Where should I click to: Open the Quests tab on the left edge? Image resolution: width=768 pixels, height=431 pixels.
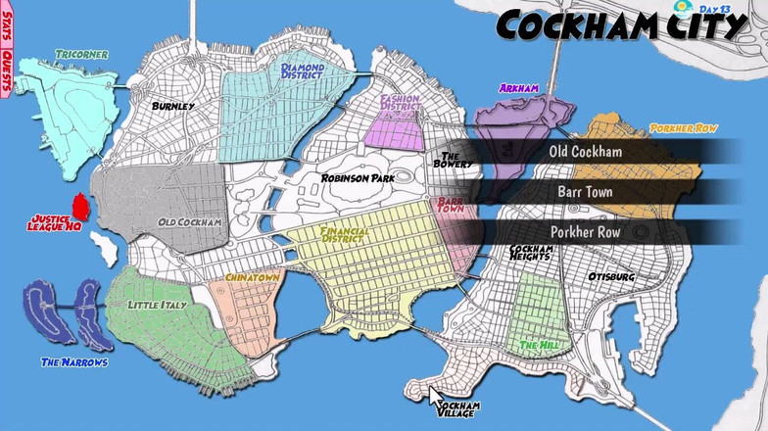pyautogui.click(x=7, y=72)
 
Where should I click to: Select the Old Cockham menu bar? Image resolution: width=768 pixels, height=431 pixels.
pyautogui.click(x=585, y=152)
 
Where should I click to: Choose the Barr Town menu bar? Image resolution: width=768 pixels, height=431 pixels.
pyautogui.click(x=585, y=192)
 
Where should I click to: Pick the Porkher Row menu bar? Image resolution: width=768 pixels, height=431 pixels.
pyautogui.click(x=585, y=232)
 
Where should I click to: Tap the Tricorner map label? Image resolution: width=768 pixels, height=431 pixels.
pyautogui.click(x=81, y=54)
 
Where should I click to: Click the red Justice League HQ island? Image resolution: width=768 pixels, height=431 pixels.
pyautogui.click(x=81, y=208)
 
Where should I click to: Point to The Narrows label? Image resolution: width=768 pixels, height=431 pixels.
pyautogui.click(x=74, y=362)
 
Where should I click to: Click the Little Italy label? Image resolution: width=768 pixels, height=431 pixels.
pyautogui.click(x=158, y=306)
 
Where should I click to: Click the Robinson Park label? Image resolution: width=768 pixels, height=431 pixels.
pyautogui.click(x=357, y=179)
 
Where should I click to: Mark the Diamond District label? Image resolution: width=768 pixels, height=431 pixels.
pyautogui.click(x=303, y=71)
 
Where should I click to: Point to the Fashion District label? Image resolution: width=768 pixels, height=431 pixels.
pyautogui.click(x=401, y=101)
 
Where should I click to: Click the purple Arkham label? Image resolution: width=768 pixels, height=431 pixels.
pyautogui.click(x=518, y=88)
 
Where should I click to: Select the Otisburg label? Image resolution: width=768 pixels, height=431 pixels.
pyautogui.click(x=611, y=277)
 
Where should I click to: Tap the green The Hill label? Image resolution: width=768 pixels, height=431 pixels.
pyautogui.click(x=540, y=346)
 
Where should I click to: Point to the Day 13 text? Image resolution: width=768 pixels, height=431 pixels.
pyautogui.click(x=715, y=9)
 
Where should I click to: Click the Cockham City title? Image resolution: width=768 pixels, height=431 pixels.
pyautogui.click(x=623, y=26)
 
